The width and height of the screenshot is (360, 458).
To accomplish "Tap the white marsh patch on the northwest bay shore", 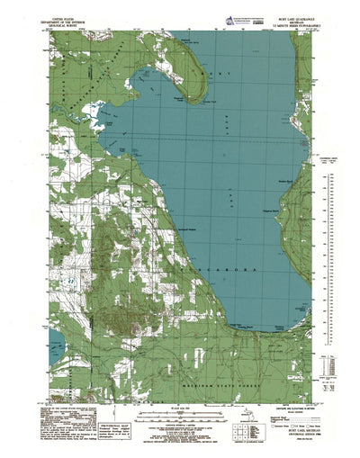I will (x=108, y=117).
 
